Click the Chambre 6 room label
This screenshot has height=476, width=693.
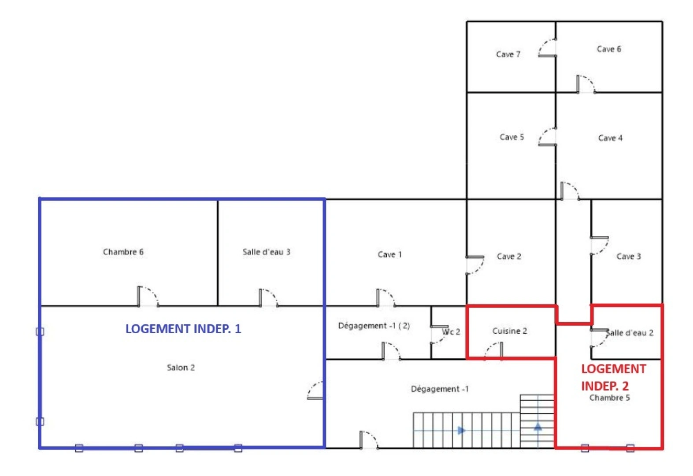pyautogui.click(x=123, y=252)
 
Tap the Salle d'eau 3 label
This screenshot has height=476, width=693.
pyautogui.click(x=266, y=252)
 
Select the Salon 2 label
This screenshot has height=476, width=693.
pyautogui.click(x=181, y=368)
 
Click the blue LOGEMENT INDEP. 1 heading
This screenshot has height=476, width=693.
pyautogui.click(x=183, y=329)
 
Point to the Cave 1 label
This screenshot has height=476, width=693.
pyautogui.click(x=389, y=255)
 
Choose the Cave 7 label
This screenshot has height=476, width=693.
pyautogui.click(x=508, y=55)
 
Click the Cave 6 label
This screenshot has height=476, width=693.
pyautogui.click(x=609, y=49)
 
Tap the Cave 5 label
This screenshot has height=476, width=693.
pyautogui.click(x=511, y=138)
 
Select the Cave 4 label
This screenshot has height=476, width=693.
pyautogui.click(x=610, y=138)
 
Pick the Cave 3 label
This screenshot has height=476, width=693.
pyautogui.click(x=629, y=257)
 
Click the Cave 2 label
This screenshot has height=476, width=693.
pyautogui.click(x=509, y=257)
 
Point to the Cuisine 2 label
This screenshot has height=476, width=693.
pyautogui.click(x=510, y=331)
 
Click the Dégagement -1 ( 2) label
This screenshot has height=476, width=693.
pyautogui.click(x=374, y=326)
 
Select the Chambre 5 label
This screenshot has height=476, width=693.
pyautogui.click(x=610, y=398)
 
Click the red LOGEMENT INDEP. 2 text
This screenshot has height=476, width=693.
pyautogui.click(x=613, y=377)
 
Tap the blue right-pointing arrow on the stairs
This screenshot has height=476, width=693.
pyautogui.click(x=461, y=430)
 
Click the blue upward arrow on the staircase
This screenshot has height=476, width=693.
pyautogui.click(x=538, y=427)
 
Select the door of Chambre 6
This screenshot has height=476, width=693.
pyautogui.click(x=148, y=296)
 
